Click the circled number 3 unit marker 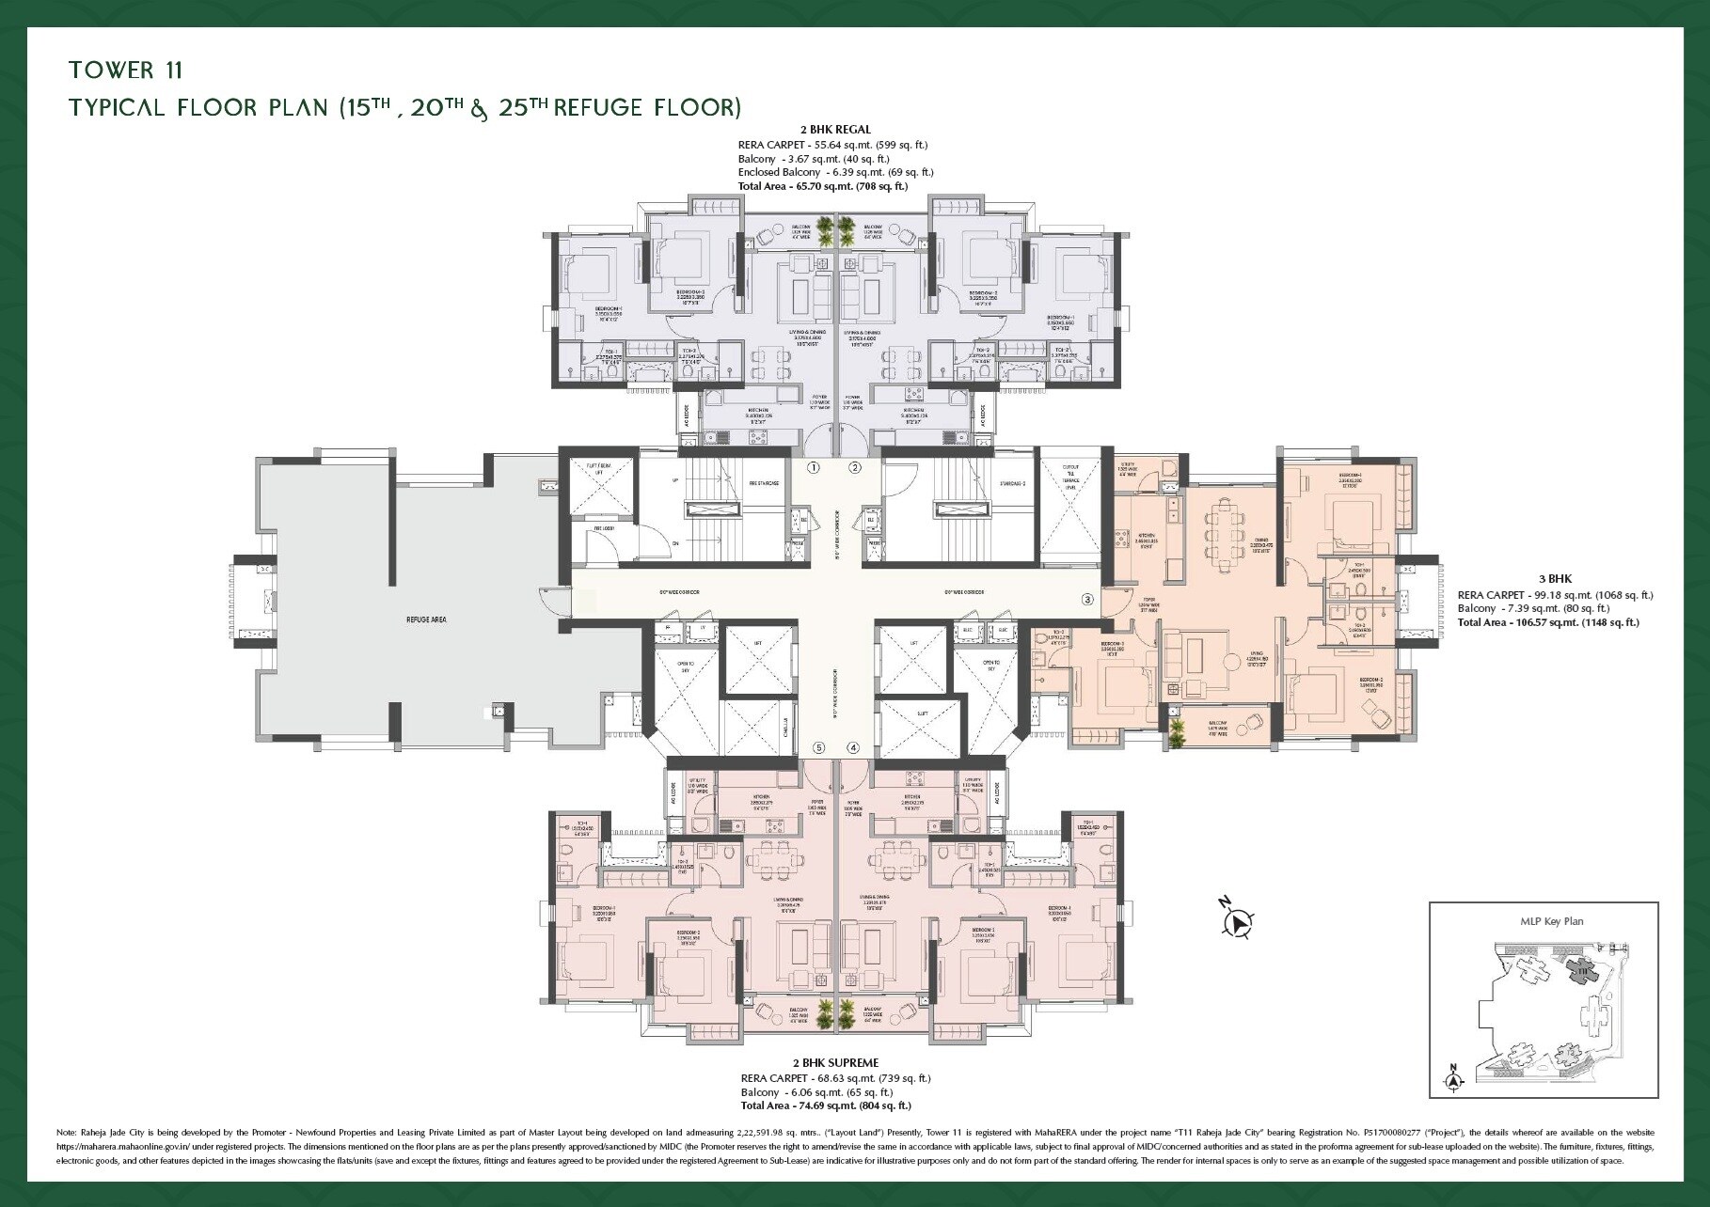tap(1087, 599)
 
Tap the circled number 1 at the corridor tap(814, 467)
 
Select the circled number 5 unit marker tap(819, 748)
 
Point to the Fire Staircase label tap(738, 483)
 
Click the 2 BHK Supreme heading tap(835, 1063)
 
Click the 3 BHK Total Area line tap(1547, 622)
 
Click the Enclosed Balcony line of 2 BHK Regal tap(835, 172)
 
